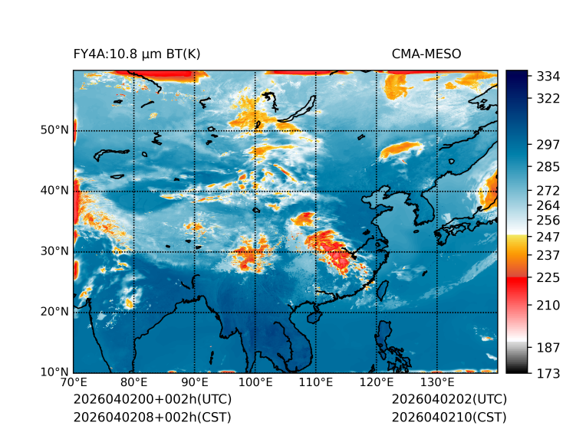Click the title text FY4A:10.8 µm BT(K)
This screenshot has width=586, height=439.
tap(137, 54)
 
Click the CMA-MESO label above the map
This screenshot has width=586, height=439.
tap(426, 54)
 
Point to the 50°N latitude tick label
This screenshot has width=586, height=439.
tap(54, 130)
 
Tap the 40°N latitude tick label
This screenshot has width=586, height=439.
tap(54, 191)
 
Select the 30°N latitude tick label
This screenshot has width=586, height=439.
tap(54, 251)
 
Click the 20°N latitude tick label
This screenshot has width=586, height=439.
tap(54, 312)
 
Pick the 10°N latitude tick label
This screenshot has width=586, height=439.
tap(54, 372)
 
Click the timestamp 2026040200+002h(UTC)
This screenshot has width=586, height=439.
tap(152, 400)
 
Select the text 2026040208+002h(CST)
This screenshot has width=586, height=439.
tap(152, 417)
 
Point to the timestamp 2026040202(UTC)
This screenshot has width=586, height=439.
tap(449, 400)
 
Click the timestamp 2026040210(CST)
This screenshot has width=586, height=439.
tap(449, 417)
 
